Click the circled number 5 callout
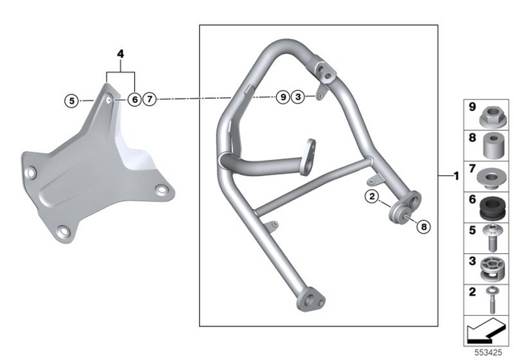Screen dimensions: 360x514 pos(72,100)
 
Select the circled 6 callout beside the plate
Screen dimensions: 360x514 pos(133,100)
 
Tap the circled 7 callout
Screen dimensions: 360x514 pos(150,100)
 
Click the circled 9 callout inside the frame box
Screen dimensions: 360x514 pos(282,97)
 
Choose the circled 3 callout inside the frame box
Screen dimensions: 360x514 pos(297,97)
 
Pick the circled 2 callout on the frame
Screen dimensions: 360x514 pos(371,195)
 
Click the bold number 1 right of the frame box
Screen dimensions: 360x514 pos(455,175)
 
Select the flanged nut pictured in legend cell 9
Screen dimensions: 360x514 pos(490,117)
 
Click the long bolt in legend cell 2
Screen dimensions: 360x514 pos(490,298)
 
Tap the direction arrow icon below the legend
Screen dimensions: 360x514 pos(487,329)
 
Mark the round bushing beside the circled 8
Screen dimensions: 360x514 pos(398,215)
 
